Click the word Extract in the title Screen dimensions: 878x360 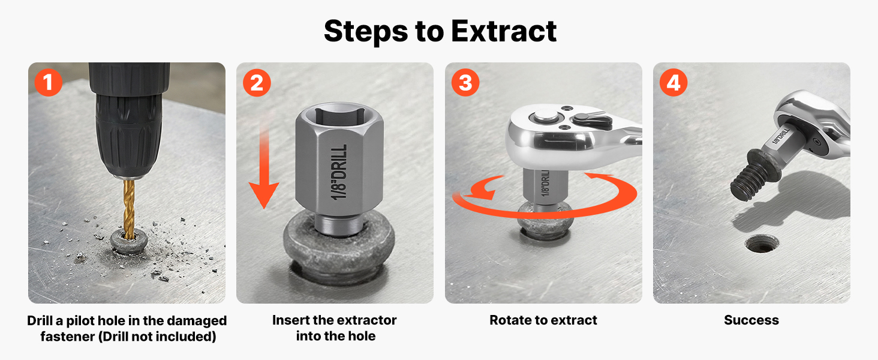click(x=504, y=31)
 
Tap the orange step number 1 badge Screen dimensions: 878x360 click(x=48, y=82)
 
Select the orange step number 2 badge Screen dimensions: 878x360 click(x=257, y=83)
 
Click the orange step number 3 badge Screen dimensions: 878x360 click(x=465, y=83)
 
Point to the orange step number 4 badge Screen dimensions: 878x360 click(x=673, y=83)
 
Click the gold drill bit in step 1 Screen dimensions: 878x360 click(x=129, y=209)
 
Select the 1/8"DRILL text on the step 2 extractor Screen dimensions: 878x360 click(x=339, y=172)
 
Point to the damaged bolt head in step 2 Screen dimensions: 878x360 click(x=339, y=248)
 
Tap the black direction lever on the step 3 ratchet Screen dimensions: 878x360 click(x=592, y=119)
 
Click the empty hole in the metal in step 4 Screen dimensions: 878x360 click(x=762, y=244)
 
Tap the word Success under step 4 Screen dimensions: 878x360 click(x=751, y=320)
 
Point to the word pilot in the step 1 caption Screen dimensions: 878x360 click(x=80, y=321)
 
